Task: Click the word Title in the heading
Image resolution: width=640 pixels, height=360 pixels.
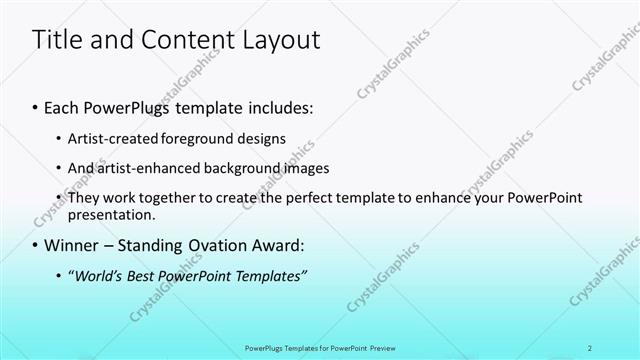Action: click(57, 40)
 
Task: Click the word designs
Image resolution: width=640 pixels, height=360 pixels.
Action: click(263, 138)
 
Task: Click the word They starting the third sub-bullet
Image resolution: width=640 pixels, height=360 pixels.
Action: click(83, 198)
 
